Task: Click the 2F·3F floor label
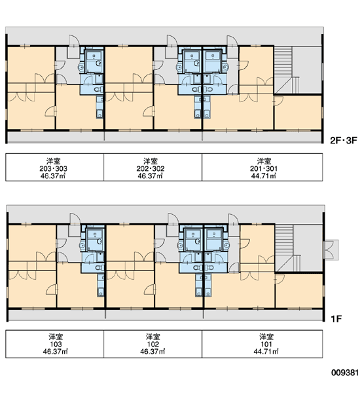click(343, 140)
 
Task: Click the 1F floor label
click(336, 319)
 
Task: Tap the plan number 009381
click(345, 373)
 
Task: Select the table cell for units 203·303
click(54, 167)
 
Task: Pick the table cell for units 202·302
click(153, 167)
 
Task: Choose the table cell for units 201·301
click(262, 167)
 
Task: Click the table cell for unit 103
click(54, 344)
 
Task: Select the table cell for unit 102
click(153, 344)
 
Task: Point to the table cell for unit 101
click(262, 344)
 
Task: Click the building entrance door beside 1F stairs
click(331, 250)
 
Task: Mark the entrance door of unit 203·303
click(74, 41)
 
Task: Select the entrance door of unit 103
click(75, 219)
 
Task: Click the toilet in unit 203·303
click(99, 89)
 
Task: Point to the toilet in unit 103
click(99, 268)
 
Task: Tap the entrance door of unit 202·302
click(172, 41)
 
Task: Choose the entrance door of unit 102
click(173, 219)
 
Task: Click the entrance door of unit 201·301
click(232, 41)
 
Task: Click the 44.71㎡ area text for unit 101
click(266, 351)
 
